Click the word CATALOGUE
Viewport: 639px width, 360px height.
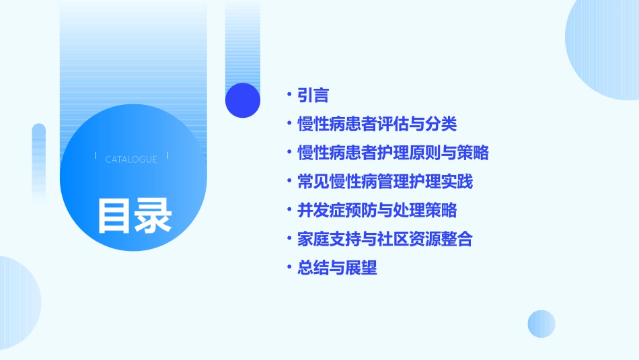(x=131, y=159)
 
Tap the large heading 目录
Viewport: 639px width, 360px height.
(x=135, y=215)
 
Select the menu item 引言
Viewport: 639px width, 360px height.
(x=313, y=96)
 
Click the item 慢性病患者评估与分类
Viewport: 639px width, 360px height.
(x=377, y=124)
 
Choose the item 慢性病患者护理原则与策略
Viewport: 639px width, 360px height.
(x=393, y=153)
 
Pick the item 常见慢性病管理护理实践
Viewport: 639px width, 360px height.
(x=385, y=182)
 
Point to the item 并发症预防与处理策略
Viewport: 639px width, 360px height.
(x=377, y=211)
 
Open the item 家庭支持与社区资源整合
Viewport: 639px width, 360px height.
(x=385, y=240)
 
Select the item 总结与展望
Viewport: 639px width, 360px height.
(x=337, y=268)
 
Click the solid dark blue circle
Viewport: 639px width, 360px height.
(x=243, y=100)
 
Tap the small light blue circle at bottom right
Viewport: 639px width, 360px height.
(x=541, y=324)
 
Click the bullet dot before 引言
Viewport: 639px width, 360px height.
(x=289, y=96)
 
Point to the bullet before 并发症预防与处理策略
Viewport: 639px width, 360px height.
(x=289, y=211)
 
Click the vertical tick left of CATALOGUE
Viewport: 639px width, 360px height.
(x=95, y=156)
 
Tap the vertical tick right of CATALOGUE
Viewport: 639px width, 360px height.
(x=167, y=156)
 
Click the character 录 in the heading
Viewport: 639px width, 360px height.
(x=153, y=215)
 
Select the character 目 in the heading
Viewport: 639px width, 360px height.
(x=115, y=215)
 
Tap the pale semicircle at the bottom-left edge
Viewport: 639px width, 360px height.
(x=17, y=303)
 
